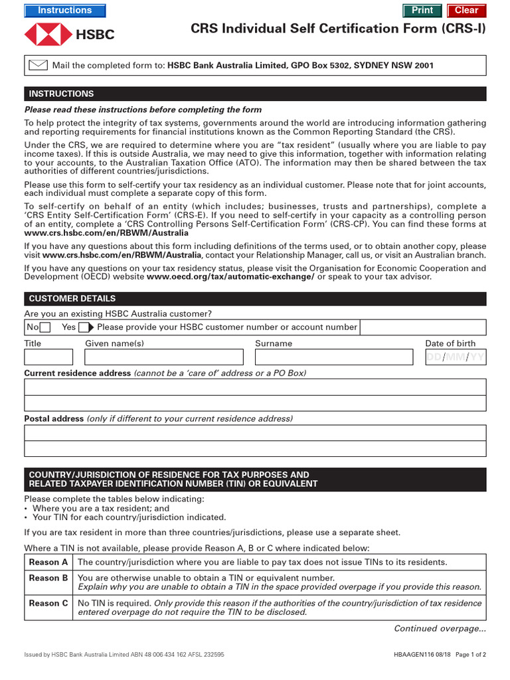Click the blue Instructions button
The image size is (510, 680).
pos(64,11)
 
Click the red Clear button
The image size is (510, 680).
pos(466,11)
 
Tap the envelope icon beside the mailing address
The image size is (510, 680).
pos(39,65)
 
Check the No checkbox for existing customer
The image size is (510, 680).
pos(45,327)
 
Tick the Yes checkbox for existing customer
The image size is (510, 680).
pos(84,327)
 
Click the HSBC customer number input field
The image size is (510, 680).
pos(422,327)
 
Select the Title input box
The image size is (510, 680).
pos(48,358)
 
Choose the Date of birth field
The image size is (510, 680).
pos(455,358)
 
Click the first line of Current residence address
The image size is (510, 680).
pos(255,387)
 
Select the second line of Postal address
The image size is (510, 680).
pos(255,448)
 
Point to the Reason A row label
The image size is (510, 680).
pos(48,562)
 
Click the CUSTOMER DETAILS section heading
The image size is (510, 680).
pos(72,299)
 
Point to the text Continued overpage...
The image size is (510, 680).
pos(440,629)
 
